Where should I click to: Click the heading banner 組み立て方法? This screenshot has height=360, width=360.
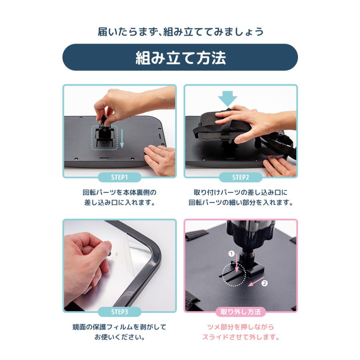click(x=180, y=58)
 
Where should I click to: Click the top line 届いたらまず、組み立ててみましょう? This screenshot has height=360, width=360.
click(x=180, y=31)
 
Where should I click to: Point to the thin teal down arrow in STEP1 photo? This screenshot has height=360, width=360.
click(x=122, y=138)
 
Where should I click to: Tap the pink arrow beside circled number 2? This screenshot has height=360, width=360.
click(x=253, y=283)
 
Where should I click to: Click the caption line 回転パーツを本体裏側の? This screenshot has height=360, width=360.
click(x=119, y=192)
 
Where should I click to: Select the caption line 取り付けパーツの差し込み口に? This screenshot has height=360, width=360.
click(x=240, y=192)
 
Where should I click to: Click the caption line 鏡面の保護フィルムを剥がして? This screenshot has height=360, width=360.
click(x=119, y=327)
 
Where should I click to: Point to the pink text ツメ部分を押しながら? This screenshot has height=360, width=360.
click(x=240, y=327)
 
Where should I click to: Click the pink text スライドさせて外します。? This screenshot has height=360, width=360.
click(x=240, y=337)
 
